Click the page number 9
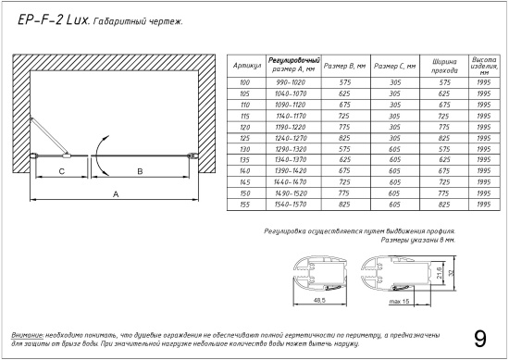480,339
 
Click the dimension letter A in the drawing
116,194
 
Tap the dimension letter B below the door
141,171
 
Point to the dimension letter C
62,171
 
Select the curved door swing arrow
96,155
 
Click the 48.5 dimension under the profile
319,300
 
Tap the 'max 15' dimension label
399,302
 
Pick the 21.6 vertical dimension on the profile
439,273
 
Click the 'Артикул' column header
247,66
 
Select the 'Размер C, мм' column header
395,66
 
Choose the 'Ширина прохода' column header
444,66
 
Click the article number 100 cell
244,82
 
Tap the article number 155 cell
244,205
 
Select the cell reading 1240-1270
291,138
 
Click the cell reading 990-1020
291,82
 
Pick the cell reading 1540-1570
291,205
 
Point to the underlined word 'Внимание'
27,335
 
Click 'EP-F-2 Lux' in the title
53,20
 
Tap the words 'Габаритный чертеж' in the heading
138,22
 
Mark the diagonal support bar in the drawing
49,136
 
